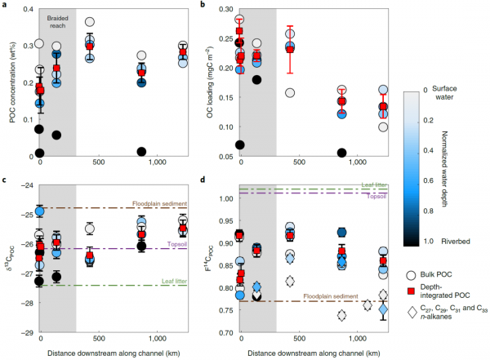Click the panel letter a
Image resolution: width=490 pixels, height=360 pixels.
(6, 6)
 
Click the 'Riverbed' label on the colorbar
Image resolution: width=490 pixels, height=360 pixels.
(447, 242)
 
